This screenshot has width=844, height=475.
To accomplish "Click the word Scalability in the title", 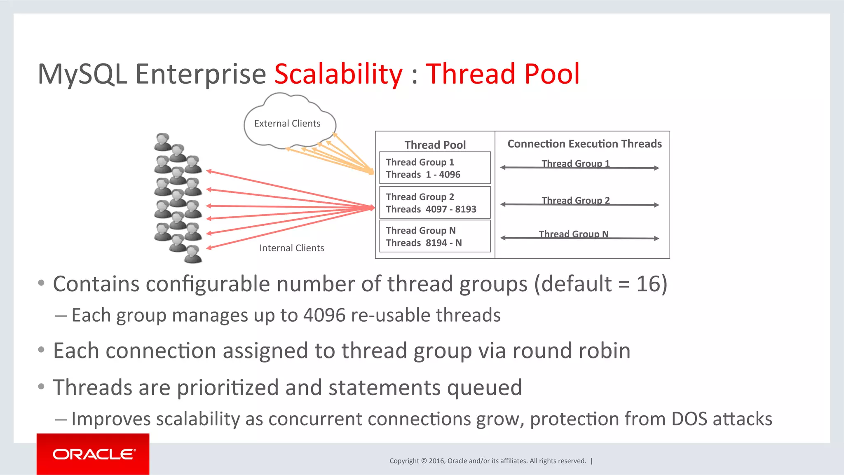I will (x=338, y=74).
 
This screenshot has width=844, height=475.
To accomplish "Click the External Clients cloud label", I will (x=287, y=124).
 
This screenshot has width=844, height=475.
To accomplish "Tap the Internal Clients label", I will (x=291, y=248).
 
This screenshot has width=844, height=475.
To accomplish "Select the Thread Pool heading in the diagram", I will (x=435, y=145).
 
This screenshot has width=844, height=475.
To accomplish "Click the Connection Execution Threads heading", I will (x=584, y=144).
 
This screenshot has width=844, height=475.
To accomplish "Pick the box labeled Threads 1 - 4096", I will (x=435, y=168).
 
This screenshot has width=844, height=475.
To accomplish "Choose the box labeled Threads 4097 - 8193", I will (x=435, y=203).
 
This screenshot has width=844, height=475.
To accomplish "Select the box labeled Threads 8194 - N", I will (x=435, y=236).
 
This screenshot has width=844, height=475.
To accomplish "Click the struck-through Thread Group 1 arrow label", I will (x=575, y=164).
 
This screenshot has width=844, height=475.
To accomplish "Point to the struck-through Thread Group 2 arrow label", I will (x=575, y=201).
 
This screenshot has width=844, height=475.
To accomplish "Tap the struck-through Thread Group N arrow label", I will (x=573, y=234).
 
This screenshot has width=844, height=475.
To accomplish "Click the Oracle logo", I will (x=93, y=454).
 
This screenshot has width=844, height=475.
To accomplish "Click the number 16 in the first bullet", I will (x=648, y=284).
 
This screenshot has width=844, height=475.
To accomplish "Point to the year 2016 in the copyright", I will (x=436, y=461).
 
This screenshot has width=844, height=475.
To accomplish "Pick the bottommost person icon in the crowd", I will (x=193, y=254).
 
